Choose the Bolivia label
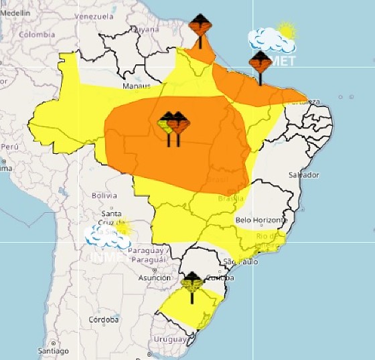(x=104, y=195)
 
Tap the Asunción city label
(x=154, y=278)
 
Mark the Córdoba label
(x=104, y=320)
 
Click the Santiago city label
(x=54, y=351)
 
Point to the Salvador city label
(x=303, y=175)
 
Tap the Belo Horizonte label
(x=262, y=220)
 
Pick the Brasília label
(x=230, y=199)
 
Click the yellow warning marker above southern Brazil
(x=192, y=284)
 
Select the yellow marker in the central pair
(x=167, y=124)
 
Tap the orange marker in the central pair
(x=178, y=123)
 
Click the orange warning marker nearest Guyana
(x=200, y=27)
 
